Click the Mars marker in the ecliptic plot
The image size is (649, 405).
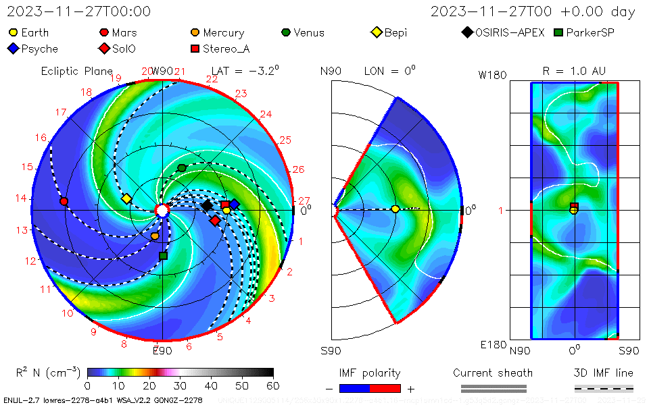pyautogui.click(x=64, y=201)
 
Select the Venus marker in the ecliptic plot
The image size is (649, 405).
pyautogui.click(x=181, y=167)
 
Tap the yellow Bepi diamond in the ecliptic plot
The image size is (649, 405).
pyautogui.click(x=126, y=198)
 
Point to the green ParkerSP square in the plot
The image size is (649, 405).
pyautogui.click(x=162, y=256)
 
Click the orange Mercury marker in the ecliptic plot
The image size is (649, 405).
pyautogui.click(x=155, y=236)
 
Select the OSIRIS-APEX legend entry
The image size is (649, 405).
pyautogui.click(x=504, y=32)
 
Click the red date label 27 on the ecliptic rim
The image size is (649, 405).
pyautogui.click(x=304, y=200)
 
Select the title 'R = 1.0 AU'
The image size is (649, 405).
pyautogui.click(x=574, y=71)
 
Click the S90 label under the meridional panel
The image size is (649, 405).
pyautogui.click(x=331, y=350)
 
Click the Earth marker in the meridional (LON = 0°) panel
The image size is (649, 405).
pyautogui.click(x=395, y=209)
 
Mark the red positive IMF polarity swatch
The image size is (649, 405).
pyautogui.click(x=385, y=388)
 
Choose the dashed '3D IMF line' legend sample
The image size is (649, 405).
pyautogui.click(x=604, y=388)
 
